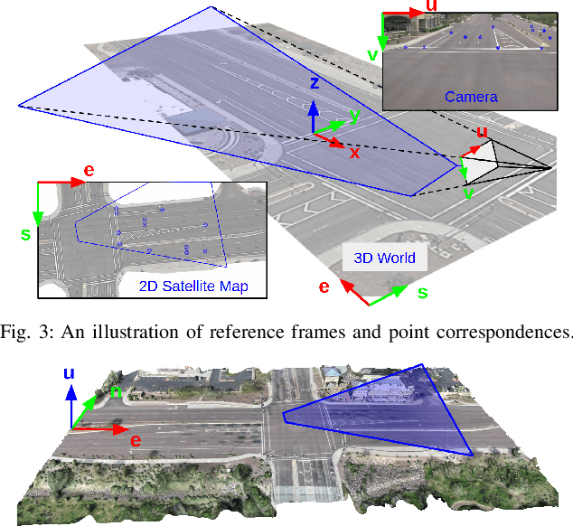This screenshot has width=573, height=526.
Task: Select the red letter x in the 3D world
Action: (354, 153)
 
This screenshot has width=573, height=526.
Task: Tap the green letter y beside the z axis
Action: (354, 116)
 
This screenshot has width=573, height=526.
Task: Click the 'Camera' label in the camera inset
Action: (470, 96)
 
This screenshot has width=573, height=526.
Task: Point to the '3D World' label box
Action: (384, 258)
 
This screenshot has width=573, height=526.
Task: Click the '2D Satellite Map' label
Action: (194, 287)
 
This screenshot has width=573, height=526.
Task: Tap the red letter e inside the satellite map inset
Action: (88, 170)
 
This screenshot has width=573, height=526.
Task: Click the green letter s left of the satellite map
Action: (25, 234)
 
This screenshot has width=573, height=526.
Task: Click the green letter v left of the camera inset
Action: (371, 55)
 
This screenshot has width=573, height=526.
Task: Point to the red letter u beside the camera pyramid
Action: (482, 133)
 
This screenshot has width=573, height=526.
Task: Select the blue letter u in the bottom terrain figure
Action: (69, 373)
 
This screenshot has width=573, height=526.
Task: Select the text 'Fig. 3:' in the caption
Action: (26, 331)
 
